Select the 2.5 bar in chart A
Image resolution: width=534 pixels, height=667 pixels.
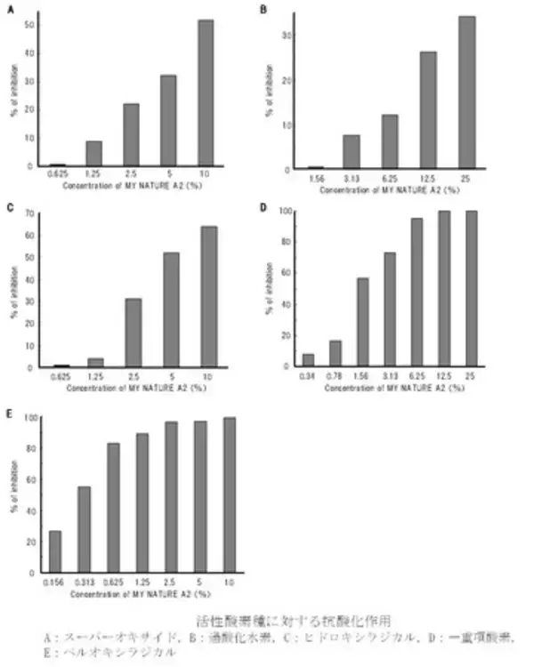tap(131, 134)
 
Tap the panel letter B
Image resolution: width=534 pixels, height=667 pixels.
tap(263, 9)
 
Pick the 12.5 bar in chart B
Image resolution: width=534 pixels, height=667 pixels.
tap(427, 110)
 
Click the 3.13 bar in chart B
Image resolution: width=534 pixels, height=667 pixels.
tap(352, 152)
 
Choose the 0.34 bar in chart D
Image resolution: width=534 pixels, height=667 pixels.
tap(308, 360)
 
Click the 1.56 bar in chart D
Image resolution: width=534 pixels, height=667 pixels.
tap(362, 322)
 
